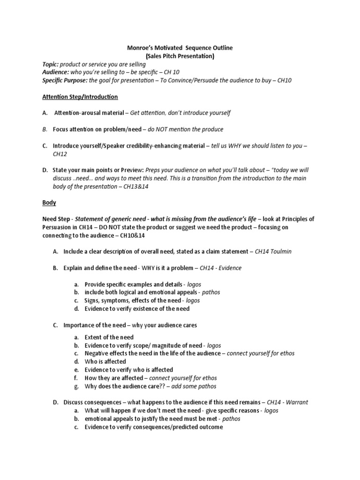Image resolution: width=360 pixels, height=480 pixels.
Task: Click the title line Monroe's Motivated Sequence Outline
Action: (180, 48)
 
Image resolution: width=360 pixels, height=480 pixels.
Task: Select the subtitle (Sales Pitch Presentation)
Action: (180, 56)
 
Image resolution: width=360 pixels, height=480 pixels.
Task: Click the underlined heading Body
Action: (49, 203)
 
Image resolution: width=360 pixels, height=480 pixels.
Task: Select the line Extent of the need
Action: (109, 337)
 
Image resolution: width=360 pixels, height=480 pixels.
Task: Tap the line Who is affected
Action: (105, 361)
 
